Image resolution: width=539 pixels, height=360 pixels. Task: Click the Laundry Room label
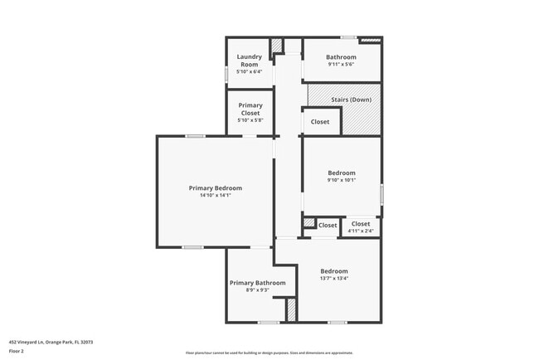(250, 61)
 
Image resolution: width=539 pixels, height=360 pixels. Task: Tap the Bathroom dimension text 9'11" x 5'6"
(342, 64)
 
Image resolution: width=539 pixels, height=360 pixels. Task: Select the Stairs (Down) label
(351, 100)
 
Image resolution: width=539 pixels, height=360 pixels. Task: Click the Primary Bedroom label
(216, 188)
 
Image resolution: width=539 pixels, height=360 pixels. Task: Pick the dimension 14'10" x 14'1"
(216, 196)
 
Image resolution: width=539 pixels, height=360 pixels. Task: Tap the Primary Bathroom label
(257, 283)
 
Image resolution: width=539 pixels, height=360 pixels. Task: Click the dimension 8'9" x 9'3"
(257, 290)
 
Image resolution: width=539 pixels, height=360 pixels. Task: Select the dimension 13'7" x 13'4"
(334, 279)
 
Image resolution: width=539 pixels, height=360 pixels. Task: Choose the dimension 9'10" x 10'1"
(341, 180)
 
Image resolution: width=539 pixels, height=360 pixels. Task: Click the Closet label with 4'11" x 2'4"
(361, 224)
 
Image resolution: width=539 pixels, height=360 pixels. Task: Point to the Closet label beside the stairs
(320, 122)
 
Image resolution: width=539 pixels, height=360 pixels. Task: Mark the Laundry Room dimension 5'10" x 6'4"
(250, 71)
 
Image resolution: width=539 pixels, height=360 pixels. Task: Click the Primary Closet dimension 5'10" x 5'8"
(250, 121)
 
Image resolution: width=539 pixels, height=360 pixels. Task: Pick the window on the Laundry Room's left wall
(227, 74)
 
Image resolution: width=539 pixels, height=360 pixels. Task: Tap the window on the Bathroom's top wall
(349, 37)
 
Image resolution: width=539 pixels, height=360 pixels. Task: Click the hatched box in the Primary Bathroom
(291, 310)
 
